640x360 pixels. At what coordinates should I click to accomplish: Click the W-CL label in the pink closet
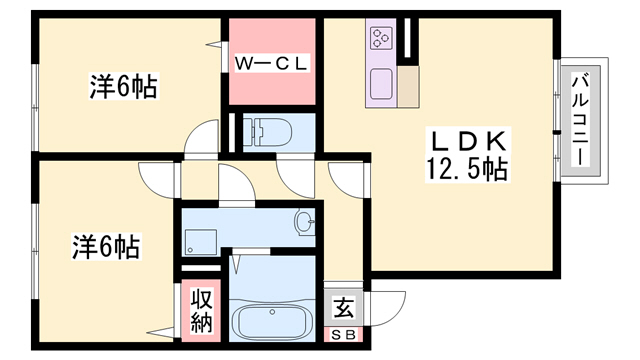pos(271,63)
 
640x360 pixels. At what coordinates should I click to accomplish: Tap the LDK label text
pos(467,142)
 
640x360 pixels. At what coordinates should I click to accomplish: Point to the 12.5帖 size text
pos(467,168)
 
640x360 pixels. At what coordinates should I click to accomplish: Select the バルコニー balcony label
pos(581,120)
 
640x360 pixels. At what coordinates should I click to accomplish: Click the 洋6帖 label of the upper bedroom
pos(124,86)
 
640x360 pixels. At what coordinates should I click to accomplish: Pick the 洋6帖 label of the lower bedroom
pos(107,246)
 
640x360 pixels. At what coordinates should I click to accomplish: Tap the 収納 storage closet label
pos(202,311)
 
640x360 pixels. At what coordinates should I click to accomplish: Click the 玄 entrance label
pos(343,308)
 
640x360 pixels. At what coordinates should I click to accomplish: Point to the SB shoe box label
pos(343,335)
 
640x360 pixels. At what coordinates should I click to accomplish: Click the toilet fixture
pos(268,132)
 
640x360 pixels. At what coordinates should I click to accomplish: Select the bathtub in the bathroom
pos(272,320)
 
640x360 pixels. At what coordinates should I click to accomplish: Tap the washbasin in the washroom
pos(304,222)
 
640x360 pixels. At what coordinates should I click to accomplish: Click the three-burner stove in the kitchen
pos(382,38)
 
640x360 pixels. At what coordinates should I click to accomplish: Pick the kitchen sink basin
pos(381,84)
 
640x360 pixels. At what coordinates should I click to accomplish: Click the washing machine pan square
pos(200,242)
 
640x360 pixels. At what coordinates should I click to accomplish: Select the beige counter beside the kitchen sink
pos(408,87)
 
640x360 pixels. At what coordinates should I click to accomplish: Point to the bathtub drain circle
pos(272,312)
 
